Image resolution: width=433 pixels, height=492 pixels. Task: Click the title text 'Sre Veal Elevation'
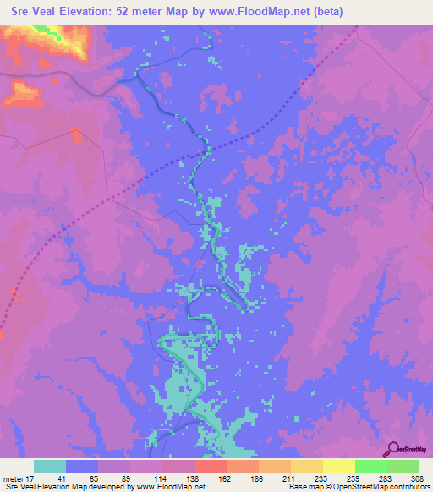tap(61, 11)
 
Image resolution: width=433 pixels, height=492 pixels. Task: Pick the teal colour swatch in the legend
tap(50, 466)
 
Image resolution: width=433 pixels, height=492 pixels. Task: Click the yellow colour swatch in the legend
tap(339, 466)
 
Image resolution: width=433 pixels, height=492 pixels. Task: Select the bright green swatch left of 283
tap(371, 466)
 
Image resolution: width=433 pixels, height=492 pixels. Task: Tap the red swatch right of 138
tap(211, 466)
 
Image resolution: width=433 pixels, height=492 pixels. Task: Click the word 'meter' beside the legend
tap(12, 478)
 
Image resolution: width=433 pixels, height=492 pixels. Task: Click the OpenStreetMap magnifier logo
tap(392, 449)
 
